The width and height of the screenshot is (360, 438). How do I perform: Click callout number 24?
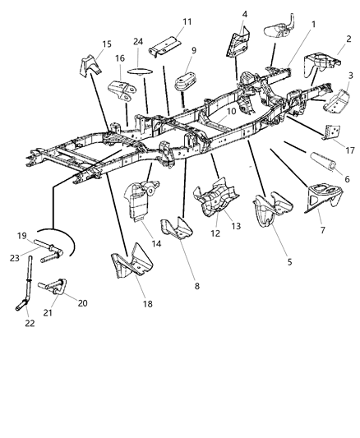point(138,42)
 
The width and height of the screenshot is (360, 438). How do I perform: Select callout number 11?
point(187,21)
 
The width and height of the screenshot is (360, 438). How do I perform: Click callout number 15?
point(106,44)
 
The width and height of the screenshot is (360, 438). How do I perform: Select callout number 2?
point(348,39)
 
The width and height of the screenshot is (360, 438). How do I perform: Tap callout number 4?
point(244,14)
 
